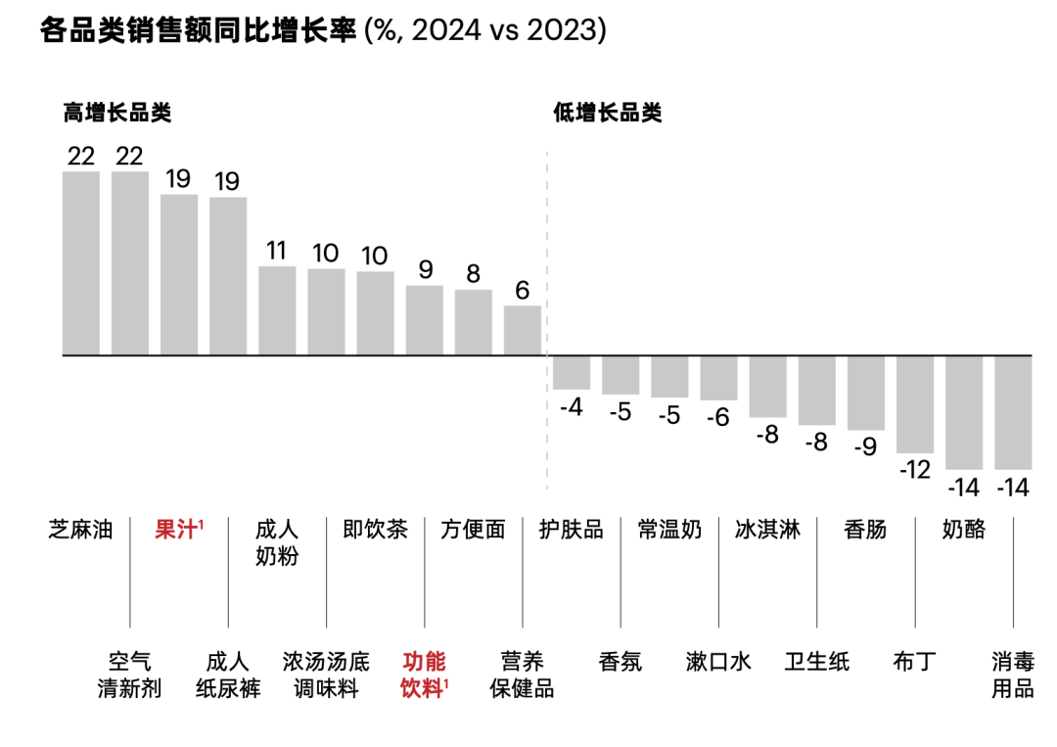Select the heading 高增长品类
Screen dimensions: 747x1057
(x=117, y=114)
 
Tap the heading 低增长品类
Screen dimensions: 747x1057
(x=607, y=114)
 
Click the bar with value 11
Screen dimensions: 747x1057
(x=277, y=310)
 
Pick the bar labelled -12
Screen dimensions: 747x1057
(x=915, y=403)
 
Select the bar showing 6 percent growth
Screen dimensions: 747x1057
(x=523, y=330)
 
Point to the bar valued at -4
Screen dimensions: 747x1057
(x=572, y=372)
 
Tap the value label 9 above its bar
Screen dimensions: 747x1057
(x=425, y=269)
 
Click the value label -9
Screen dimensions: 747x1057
(x=865, y=446)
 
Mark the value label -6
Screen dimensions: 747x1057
(x=718, y=416)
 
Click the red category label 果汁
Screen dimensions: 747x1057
(x=178, y=530)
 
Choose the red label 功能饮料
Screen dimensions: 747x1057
(x=425, y=675)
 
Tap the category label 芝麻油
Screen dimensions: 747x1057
(x=81, y=530)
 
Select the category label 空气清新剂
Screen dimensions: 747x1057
(x=129, y=675)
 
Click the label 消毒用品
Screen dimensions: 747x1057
(x=1012, y=675)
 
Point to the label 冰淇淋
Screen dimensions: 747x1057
(x=767, y=530)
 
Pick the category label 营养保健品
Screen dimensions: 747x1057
(x=522, y=675)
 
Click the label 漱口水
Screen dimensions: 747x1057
(x=718, y=662)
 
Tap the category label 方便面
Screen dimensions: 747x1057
(x=473, y=530)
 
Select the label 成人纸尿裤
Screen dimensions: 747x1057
(x=228, y=675)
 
